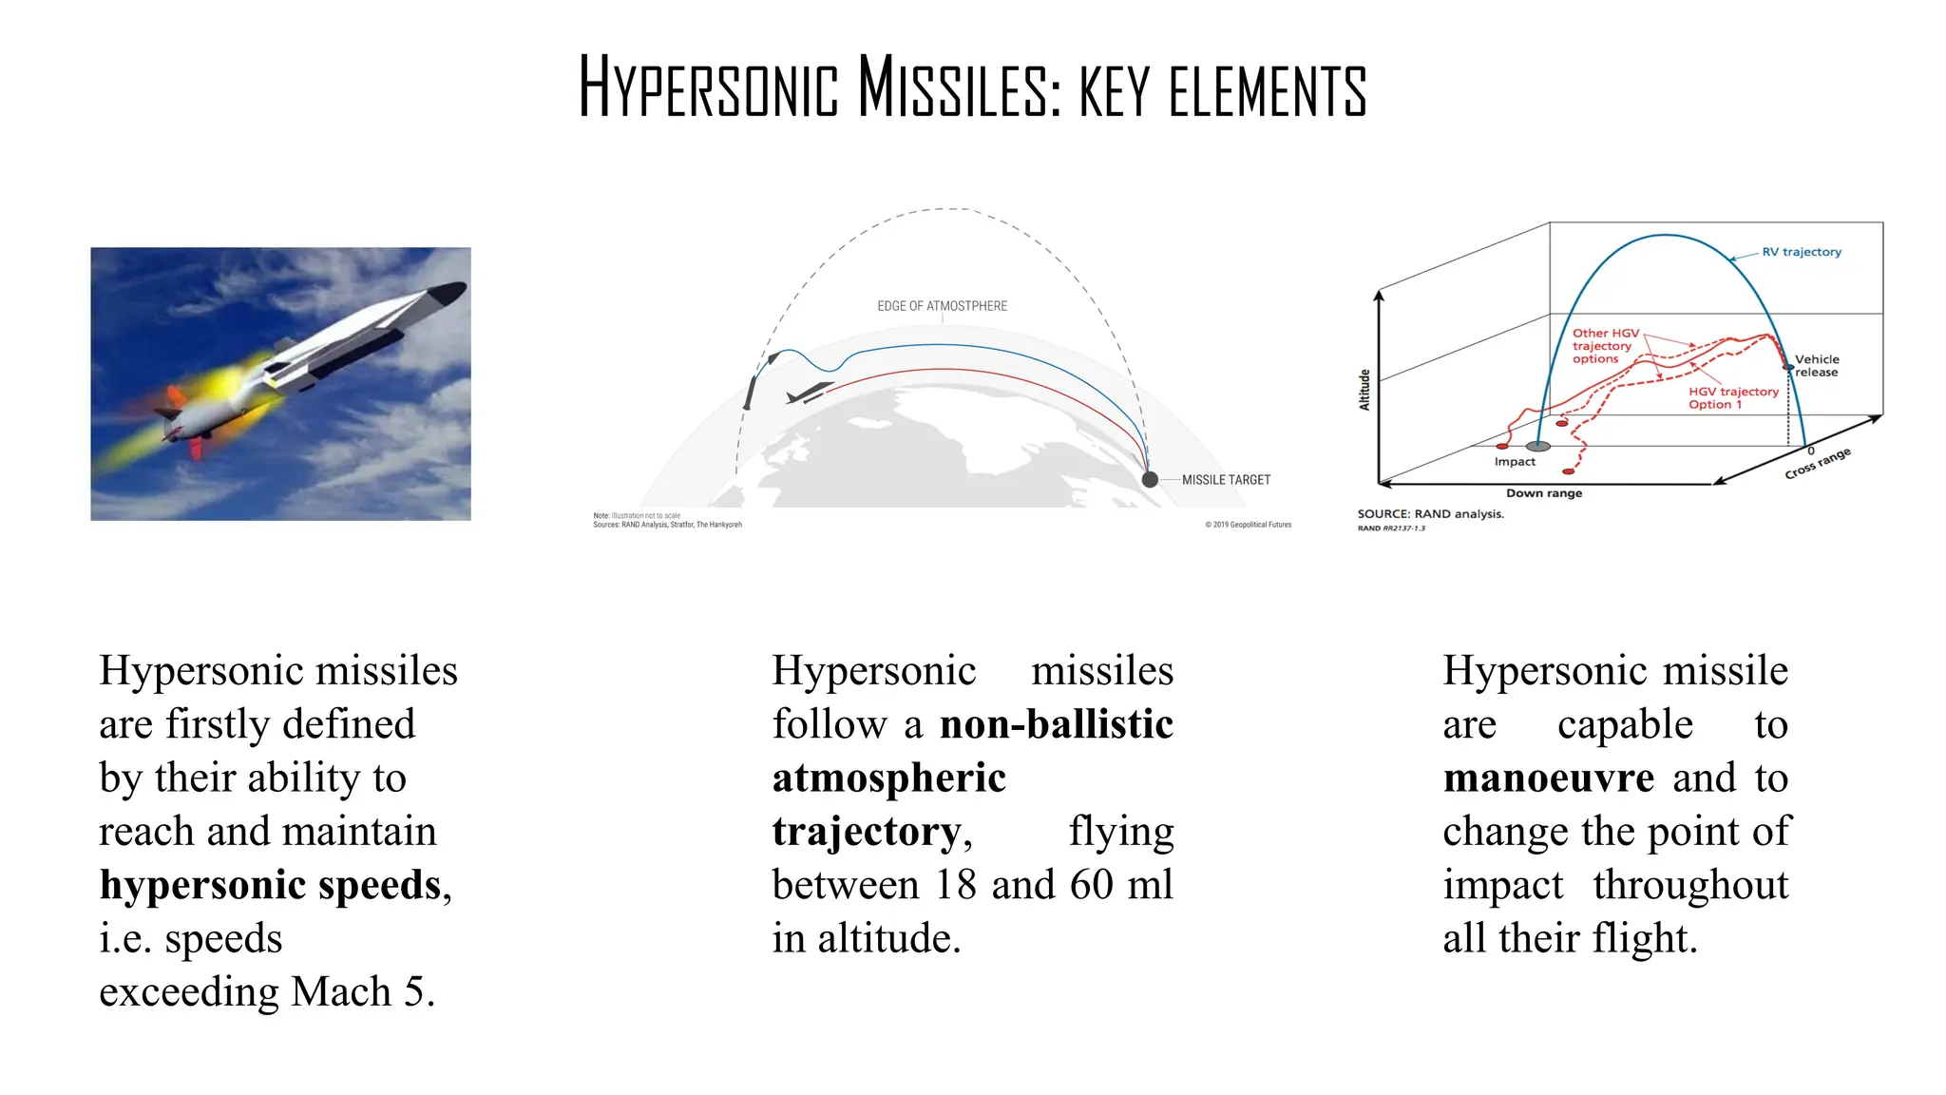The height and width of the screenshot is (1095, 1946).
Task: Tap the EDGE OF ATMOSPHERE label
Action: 942,306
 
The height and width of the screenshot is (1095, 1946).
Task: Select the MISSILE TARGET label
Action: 1226,480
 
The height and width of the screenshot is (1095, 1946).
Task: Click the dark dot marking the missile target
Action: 1150,479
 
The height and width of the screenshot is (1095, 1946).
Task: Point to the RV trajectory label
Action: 1801,252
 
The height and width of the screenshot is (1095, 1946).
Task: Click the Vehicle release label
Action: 1817,366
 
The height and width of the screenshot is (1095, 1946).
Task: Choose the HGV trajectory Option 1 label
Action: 1733,398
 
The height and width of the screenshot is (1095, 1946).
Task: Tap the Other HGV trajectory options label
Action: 1605,346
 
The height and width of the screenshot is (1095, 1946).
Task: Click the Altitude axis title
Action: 1364,390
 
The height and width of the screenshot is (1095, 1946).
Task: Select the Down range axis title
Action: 1543,493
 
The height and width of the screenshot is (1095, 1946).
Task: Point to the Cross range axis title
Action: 1817,464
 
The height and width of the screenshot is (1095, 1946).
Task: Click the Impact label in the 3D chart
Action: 1515,462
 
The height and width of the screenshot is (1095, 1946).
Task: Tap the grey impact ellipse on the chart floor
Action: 1537,446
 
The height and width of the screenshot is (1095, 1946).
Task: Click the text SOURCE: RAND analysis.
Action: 1430,514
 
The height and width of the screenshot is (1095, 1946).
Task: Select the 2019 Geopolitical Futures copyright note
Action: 1249,525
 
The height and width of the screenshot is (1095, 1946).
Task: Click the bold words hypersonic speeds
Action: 271,885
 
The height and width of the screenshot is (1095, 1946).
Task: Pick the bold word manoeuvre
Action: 1548,778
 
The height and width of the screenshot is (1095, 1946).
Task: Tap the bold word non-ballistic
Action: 1056,724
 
